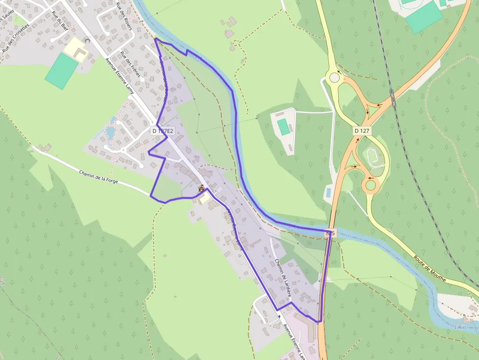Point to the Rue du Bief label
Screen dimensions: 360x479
pos(59,21)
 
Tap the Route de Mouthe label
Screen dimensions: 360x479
pos(430,269)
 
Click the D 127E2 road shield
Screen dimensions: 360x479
pos(163,131)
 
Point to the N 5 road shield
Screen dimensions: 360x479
pos(330,234)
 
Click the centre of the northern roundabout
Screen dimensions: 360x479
pos(334,77)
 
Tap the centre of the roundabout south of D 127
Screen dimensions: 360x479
pos(371,185)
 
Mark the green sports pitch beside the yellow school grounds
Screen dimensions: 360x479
pos(61,71)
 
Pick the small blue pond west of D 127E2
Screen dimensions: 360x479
pos(110,132)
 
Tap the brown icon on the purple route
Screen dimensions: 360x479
pos(201,188)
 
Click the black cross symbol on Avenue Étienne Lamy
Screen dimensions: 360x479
pos(279,317)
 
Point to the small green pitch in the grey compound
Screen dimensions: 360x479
pos(283,127)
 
